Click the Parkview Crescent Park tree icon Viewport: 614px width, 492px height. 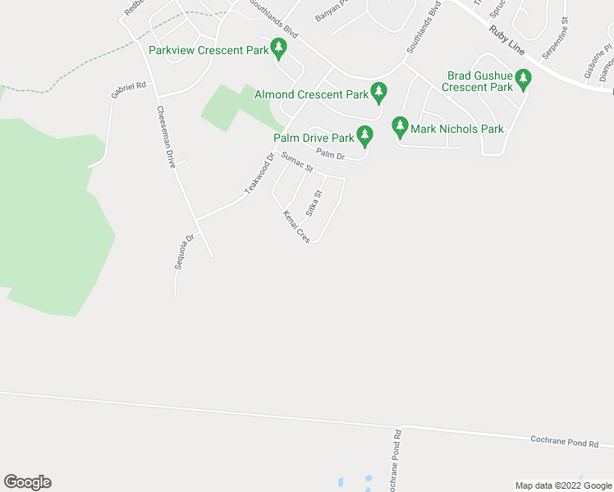point(279,49)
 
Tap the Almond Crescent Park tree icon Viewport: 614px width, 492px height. point(378,93)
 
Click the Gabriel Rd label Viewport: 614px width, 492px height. point(129,90)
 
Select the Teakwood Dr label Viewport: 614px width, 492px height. point(258,174)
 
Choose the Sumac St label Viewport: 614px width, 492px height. point(296,162)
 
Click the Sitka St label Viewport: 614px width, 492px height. point(314,203)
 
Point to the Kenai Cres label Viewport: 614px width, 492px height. point(296,226)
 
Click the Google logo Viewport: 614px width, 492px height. point(27,482)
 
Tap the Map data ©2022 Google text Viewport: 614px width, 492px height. point(563,485)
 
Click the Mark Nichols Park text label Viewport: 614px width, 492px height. point(457,129)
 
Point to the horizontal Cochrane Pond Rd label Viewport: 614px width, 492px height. point(565,443)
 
